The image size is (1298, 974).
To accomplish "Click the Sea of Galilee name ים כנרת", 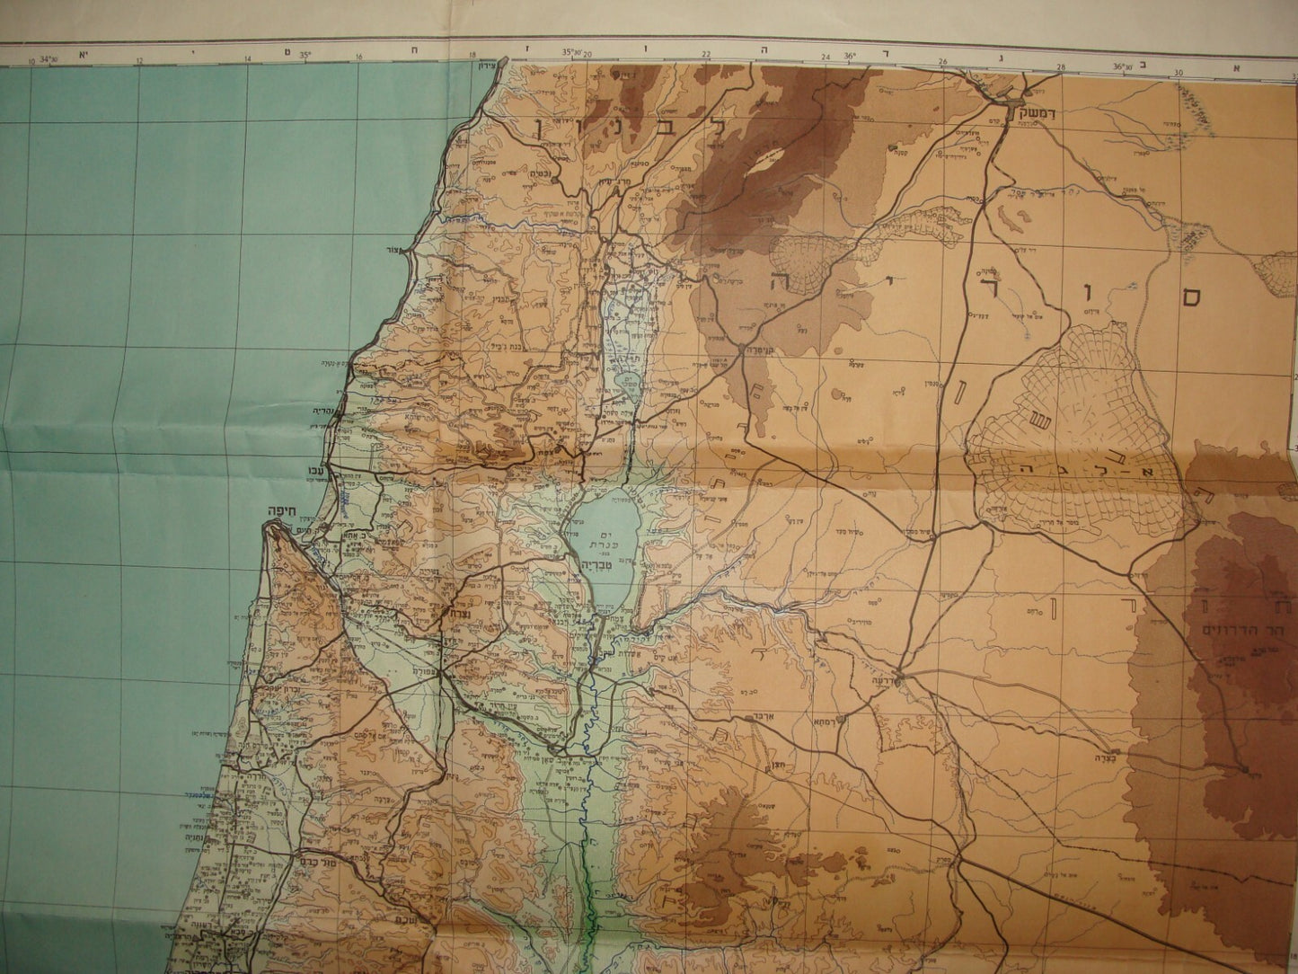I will pos(597,536).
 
